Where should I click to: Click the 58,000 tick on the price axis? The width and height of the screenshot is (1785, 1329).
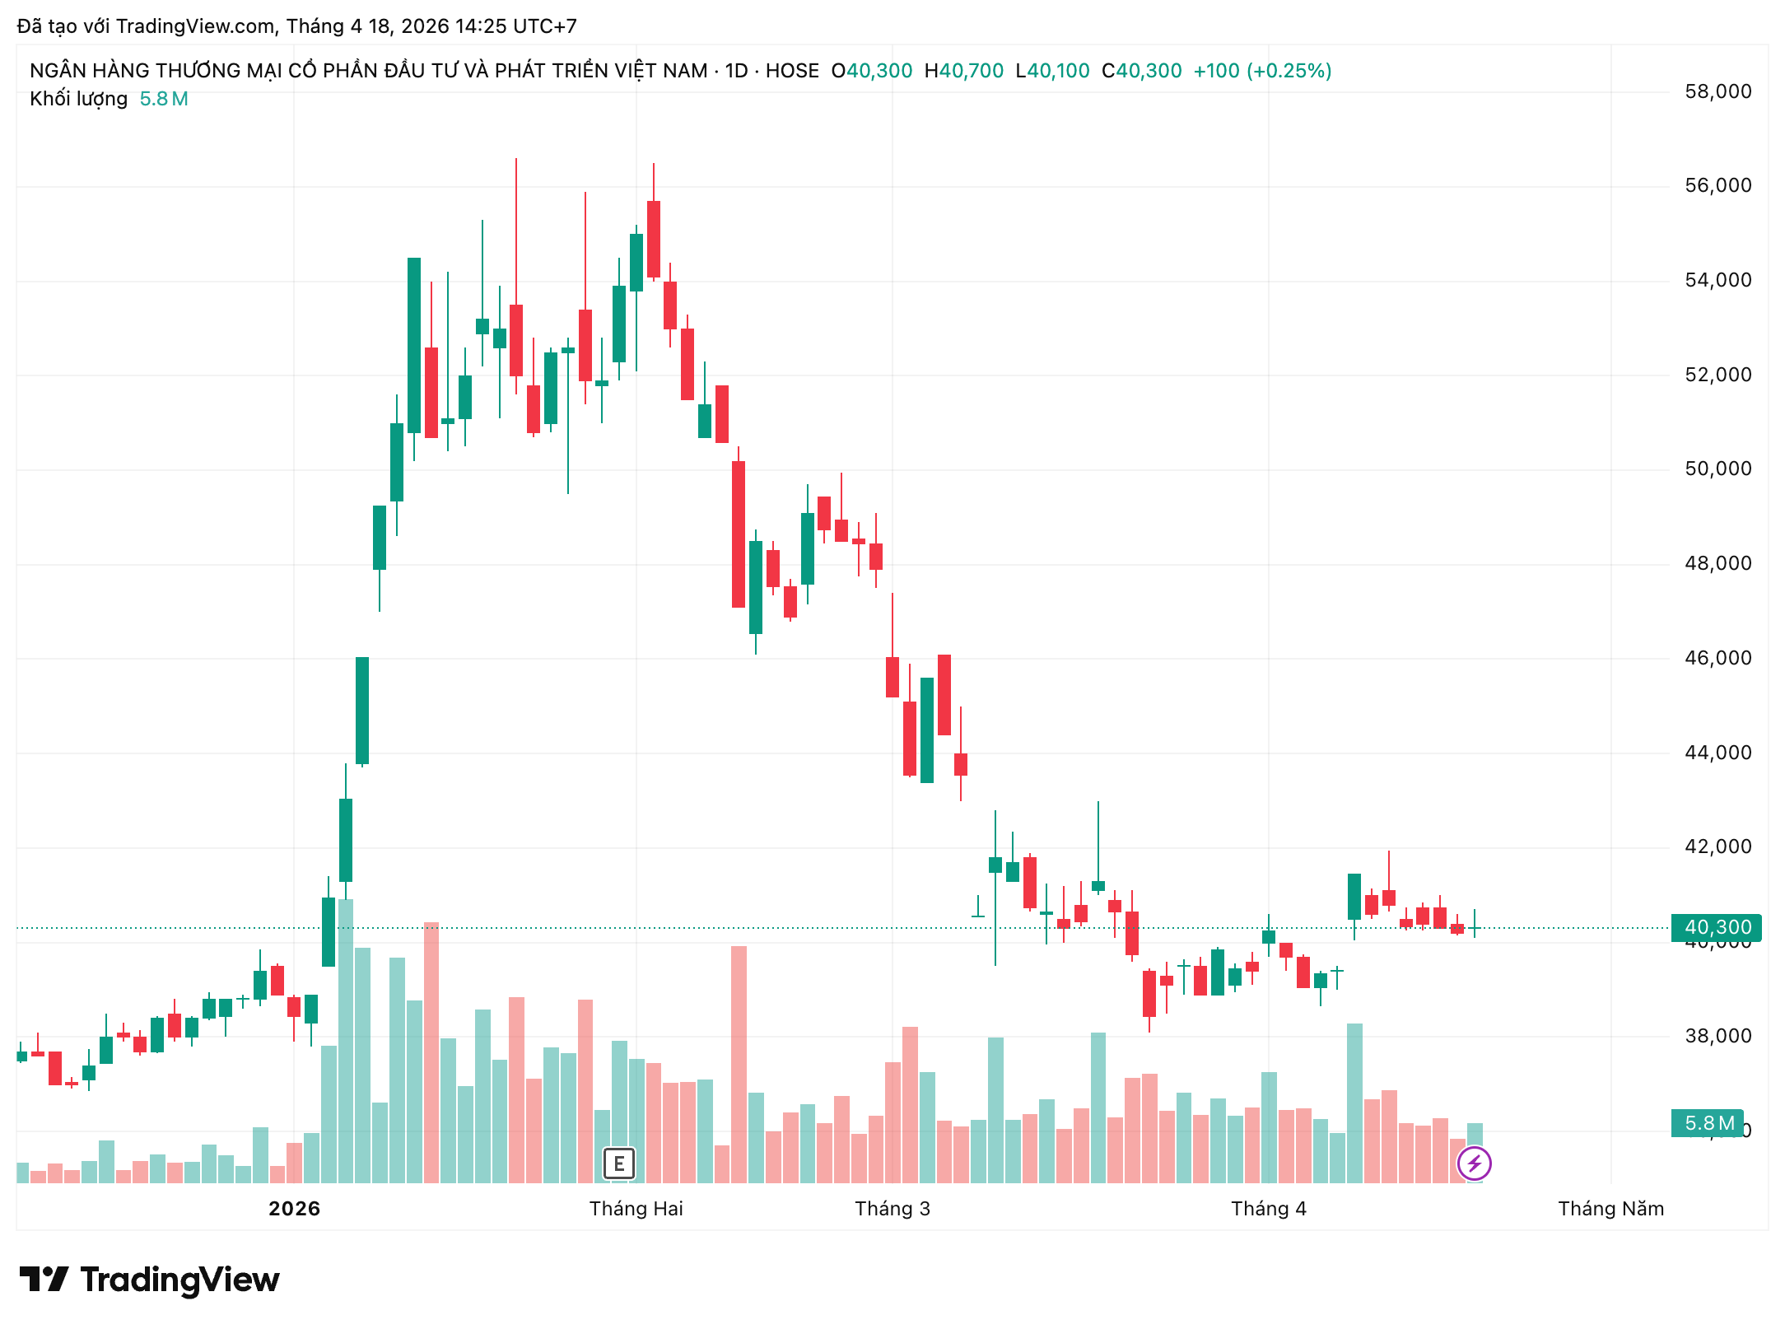pos(1717,91)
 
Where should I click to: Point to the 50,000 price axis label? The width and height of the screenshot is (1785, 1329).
pos(1717,469)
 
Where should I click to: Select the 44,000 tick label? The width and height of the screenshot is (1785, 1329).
pos(1717,753)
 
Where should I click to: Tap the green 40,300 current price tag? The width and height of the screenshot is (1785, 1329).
pos(1716,927)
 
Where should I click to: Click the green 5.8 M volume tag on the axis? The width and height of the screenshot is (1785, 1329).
pos(1708,1123)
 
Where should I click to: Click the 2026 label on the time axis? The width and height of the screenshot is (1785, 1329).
pos(294,1209)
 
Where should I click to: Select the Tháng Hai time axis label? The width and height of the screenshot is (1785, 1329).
pos(636,1209)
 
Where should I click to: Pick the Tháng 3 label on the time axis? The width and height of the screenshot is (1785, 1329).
pos(892,1209)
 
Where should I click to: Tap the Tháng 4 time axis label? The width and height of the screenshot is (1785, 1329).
pos(1268,1209)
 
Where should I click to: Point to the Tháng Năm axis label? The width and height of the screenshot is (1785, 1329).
pos(1610,1209)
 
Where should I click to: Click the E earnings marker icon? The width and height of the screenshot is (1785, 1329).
pos(619,1163)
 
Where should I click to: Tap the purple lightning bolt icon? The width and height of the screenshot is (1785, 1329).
pos(1474,1163)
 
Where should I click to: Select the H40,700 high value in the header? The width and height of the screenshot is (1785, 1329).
pos(963,71)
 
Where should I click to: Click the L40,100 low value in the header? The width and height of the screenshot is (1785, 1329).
pos(1052,71)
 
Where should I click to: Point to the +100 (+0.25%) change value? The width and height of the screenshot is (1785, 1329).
pos(1262,71)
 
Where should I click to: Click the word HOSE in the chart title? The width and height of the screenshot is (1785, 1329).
pos(792,71)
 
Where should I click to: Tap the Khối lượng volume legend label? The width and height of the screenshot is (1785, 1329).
pos(78,99)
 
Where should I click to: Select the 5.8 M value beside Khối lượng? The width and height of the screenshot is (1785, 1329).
pos(164,99)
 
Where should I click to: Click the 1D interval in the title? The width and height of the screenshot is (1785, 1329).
pos(736,71)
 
